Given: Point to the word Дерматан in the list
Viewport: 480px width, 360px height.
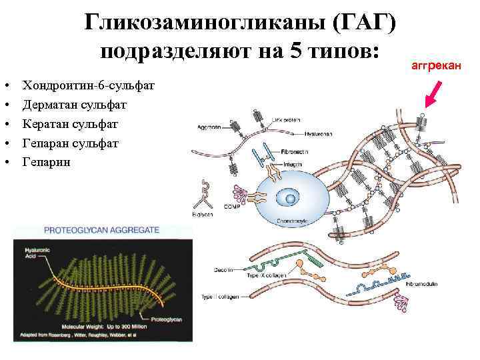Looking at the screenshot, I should (50, 105).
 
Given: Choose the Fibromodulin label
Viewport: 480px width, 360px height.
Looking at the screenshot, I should (421, 283).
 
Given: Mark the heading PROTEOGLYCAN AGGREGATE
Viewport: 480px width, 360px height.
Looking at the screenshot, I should (101, 229).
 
